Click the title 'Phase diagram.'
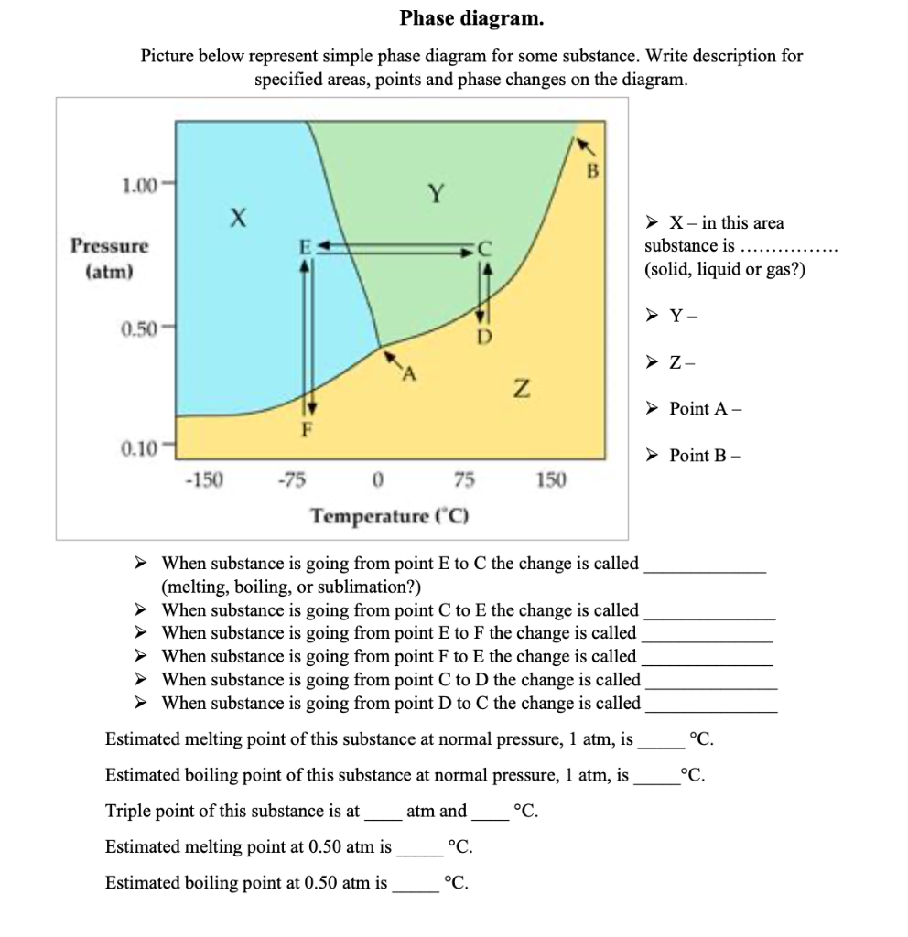471,18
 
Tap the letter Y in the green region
438,193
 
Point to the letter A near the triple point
408,373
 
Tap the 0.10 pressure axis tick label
139,447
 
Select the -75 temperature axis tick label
294,479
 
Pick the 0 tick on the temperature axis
377,479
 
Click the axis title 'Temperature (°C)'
390,515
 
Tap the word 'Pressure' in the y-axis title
110,246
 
